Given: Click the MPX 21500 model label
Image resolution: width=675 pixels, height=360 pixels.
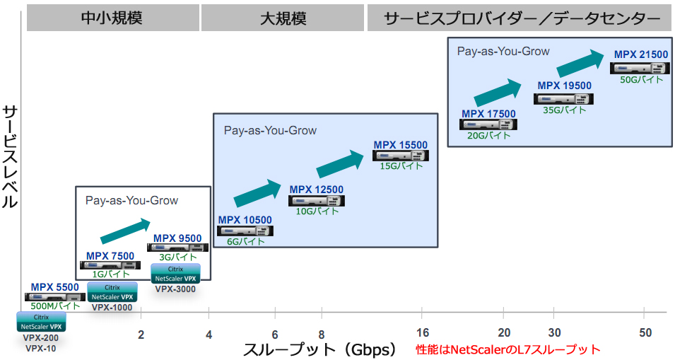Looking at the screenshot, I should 640,54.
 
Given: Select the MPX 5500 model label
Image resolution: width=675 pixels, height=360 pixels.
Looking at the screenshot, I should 54,287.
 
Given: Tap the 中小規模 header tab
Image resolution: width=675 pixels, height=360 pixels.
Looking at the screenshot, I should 112,18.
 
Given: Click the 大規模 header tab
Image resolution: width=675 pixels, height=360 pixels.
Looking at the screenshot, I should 283,18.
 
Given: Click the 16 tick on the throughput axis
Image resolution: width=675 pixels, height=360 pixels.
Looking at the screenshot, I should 423,333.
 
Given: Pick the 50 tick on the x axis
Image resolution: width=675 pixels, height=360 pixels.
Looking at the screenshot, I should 645,333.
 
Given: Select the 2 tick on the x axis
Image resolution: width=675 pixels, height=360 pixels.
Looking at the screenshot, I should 141,335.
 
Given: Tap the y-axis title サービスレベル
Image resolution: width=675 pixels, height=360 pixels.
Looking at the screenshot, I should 10,156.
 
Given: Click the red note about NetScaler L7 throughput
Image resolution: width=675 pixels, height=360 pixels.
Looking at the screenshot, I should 507,349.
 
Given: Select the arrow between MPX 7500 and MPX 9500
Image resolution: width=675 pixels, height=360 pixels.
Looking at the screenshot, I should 125,231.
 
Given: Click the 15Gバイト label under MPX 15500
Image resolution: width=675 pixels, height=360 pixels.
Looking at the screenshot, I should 401,166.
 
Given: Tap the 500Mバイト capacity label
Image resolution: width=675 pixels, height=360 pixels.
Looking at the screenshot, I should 55,306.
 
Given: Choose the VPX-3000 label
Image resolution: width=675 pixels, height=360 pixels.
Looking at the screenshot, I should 175,289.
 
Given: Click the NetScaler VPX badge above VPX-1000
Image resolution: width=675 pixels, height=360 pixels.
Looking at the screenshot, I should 112,292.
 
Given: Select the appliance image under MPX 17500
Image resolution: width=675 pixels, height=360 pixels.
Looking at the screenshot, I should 488,124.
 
